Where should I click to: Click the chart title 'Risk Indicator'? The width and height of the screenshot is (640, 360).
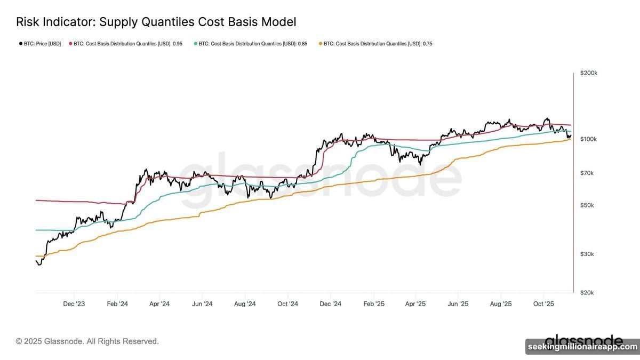coord(156,22)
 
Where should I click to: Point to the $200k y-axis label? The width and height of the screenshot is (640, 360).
coord(588,73)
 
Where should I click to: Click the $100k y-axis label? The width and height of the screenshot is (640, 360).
coord(588,139)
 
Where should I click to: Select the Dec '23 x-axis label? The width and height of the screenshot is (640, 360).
coord(74,304)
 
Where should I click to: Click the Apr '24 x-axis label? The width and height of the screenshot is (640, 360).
coord(159,304)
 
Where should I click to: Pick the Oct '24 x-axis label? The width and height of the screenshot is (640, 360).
coord(287,304)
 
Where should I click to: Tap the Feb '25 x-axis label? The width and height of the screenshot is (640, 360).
coord(373,304)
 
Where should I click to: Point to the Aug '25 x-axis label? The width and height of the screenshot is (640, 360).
coord(500,304)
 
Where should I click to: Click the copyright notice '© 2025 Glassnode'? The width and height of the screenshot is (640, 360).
coord(87,341)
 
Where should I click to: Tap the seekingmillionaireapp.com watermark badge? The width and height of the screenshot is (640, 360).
coord(582,347)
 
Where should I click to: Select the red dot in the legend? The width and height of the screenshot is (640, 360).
coord(70,44)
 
